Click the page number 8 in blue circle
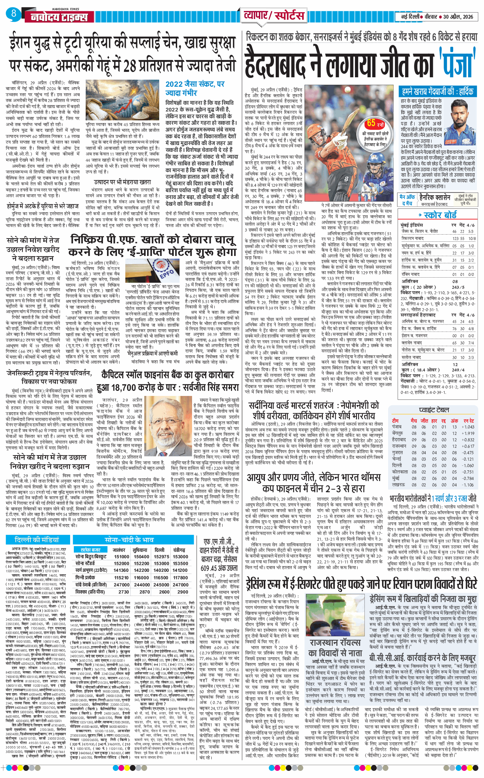(x=14, y=14)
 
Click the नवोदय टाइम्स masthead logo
(x=59, y=17)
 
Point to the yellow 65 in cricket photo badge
(x=371, y=123)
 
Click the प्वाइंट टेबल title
(x=434, y=410)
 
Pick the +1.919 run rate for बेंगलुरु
(x=468, y=433)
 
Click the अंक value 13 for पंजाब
(x=454, y=427)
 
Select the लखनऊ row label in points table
(x=398, y=485)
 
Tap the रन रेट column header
(x=469, y=420)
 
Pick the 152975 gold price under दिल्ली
(x=161, y=556)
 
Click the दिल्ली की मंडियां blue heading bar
(x=37, y=540)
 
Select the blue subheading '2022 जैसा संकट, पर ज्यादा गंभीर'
(x=195, y=88)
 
